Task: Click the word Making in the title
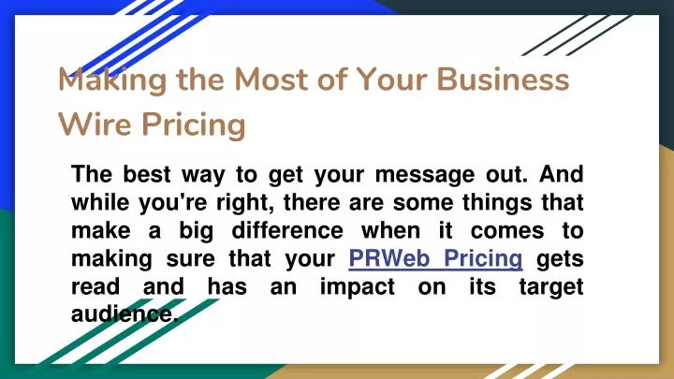click(x=112, y=80)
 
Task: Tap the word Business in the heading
click(x=503, y=80)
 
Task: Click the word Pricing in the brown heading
click(x=194, y=125)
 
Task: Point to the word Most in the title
click(x=271, y=80)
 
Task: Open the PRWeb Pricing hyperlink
click(x=435, y=258)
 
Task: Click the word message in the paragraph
click(x=425, y=175)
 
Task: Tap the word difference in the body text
click(x=287, y=231)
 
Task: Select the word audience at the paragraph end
click(x=124, y=314)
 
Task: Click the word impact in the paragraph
click(x=358, y=287)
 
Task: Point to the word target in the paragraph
click(x=551, y=287)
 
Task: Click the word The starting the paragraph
click(x=92, y=174)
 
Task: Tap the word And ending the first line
click(x=562, y=174)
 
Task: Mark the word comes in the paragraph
click(x=507, y=231)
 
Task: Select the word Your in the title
click(x=392, y=80)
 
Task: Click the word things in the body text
click(x=497, y=203)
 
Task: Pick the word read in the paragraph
click(x=95, y=286)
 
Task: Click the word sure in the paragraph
click(x=190, y=259)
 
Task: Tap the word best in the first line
click(x=147, y=174)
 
